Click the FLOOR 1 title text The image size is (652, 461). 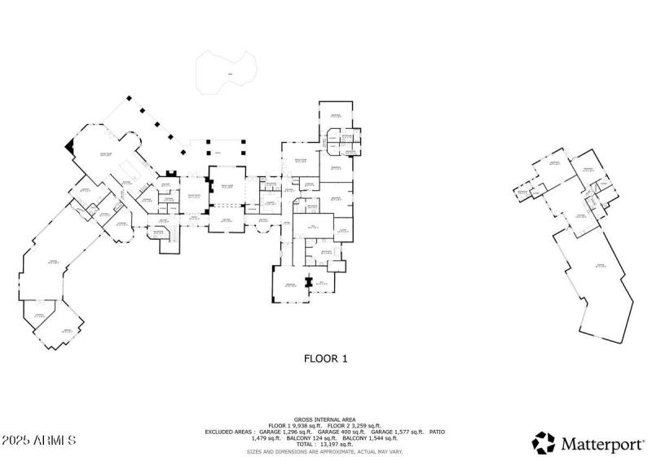326,357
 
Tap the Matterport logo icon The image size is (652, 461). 543,443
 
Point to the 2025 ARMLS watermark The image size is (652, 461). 39,440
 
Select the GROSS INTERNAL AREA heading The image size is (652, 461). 325,418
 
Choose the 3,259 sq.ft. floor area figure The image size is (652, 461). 363,424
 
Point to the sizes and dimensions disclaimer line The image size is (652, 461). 325,451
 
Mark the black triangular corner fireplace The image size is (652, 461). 69,145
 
